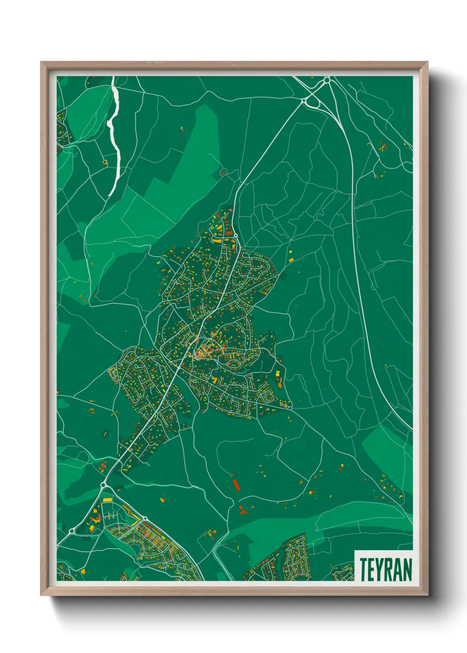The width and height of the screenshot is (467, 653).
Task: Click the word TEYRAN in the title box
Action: pos(385,569)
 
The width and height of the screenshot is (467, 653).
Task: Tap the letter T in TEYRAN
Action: pos(364,569)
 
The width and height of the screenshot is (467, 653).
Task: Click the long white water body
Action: pos(116,132)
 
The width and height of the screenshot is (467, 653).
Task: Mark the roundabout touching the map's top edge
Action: pos(327,80)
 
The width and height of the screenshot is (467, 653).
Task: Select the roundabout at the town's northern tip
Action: pos(236,236)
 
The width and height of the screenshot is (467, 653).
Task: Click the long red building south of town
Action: pos(236,484)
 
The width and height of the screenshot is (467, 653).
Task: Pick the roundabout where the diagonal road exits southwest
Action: pos(103,486)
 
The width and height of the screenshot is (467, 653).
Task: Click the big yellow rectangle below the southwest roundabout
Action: pos(107,499)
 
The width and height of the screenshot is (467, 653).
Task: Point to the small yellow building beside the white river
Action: pos(105,162)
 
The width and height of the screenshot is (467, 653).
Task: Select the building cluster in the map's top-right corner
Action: pos(383,147)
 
